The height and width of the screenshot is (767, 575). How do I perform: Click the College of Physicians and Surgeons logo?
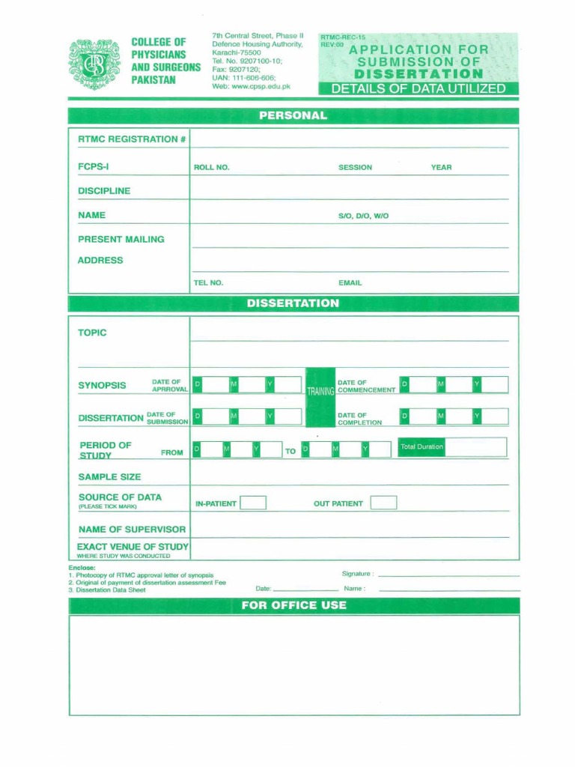coord(94,64)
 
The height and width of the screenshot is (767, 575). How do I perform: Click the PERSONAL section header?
coord(293,116)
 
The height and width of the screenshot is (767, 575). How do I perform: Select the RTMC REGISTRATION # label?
coord(132,139)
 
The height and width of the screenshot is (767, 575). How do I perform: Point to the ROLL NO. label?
coord(211,167)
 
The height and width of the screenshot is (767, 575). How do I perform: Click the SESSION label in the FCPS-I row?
coord(355,167)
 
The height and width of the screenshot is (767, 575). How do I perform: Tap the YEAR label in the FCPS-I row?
coord(441,167)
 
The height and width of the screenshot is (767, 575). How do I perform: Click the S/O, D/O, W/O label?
coord(363,216)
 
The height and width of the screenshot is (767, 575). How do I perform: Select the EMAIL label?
coord(350,283)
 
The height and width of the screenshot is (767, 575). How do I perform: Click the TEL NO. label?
coord(208,283)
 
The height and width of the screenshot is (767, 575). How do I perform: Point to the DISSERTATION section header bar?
coord(293,303)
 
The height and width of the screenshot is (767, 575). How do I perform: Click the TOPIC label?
coord(92,333)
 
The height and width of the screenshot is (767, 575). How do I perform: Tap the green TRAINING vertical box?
coord(320,389)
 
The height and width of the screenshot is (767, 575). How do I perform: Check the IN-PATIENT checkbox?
coord(253,503)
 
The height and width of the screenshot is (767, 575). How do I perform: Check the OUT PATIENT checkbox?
coord(383,503)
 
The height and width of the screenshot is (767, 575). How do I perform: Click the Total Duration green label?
coord(422,447)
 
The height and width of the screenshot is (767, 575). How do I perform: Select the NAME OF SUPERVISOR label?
coord(132,530)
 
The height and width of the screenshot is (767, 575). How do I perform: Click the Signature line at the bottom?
coord(448,575)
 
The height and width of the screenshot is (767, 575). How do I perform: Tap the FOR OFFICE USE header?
coord(293,605)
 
